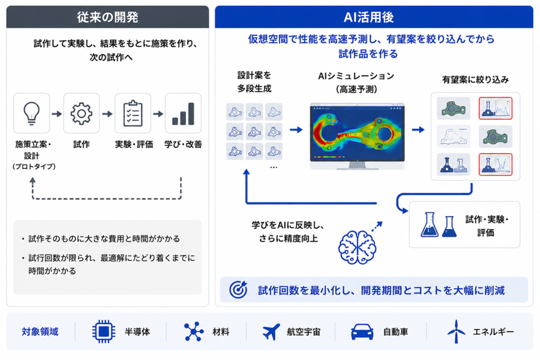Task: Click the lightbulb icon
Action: coord(31,113)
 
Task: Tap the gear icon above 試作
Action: coord(81,113)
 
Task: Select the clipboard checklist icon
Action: coord(132,113)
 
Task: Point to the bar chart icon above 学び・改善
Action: coord(183,114)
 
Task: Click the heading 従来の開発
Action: coord(108,17)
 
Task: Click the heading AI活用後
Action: coord(369,17)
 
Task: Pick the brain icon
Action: coord(357,247)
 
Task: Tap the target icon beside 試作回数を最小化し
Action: coord(238,289)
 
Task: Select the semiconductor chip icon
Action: coord(104,332)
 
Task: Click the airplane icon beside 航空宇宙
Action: coord(271,332)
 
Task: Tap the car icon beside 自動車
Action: coord(362,332)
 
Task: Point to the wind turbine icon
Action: coord(456,332)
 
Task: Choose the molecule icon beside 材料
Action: coord(194,332)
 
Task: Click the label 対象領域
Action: coord(40,332)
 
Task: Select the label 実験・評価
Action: coord(134,144)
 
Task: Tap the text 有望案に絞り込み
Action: coord(475,80)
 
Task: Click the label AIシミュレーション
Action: coord(356,76)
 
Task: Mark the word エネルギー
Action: coord(494,332)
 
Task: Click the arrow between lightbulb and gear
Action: coord(57,113)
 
